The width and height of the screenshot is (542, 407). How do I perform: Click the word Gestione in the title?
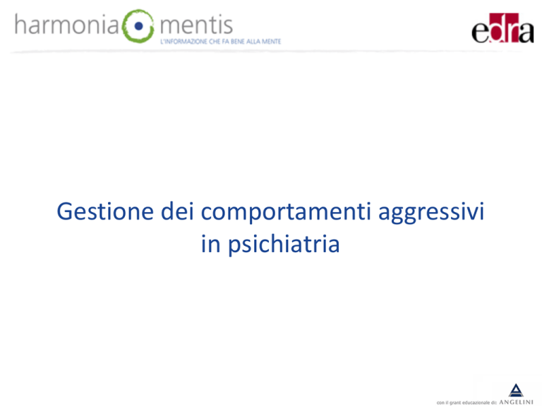pos(105,211)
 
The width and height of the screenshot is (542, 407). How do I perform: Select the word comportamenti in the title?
pos(286,212)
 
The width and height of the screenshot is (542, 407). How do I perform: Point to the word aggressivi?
pos(431,213)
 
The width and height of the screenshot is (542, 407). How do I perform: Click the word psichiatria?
pos(284,244)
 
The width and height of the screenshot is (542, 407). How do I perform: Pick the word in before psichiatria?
pos(210,244)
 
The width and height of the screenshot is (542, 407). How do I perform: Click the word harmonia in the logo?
pos(67,25)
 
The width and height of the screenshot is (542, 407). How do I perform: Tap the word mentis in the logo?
pos(196,25)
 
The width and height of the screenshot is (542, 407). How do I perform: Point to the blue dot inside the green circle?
pos(138,26)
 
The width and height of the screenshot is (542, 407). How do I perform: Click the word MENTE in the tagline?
pos(271,42)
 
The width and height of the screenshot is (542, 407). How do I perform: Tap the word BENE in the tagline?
pos(237,42)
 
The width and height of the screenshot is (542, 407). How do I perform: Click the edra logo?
pos(502,28)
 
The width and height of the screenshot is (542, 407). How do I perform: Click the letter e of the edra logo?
pos(480,33)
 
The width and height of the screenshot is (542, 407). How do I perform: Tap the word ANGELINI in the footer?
pos(516,402)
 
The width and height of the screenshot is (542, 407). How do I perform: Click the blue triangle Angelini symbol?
pos(516,390)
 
